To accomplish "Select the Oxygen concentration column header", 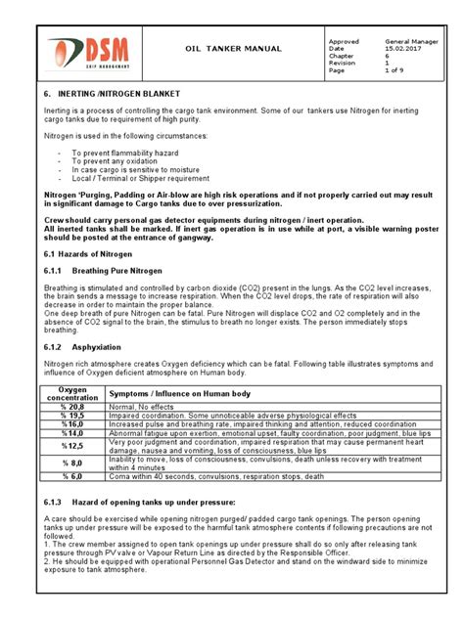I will pyautogui.click(x=73, y=393).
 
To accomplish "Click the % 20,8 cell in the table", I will pyautogui.click(x=73, y=406).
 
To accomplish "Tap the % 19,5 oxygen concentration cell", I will pyautogui.click(x=73, y=415).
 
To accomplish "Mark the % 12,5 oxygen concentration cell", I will pyautogui.click(x=73, y=444).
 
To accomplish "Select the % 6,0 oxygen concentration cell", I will pyautogui.click(x=73, y=476).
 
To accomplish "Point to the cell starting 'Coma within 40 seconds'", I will pyautogui.click(x=215, y=476).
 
